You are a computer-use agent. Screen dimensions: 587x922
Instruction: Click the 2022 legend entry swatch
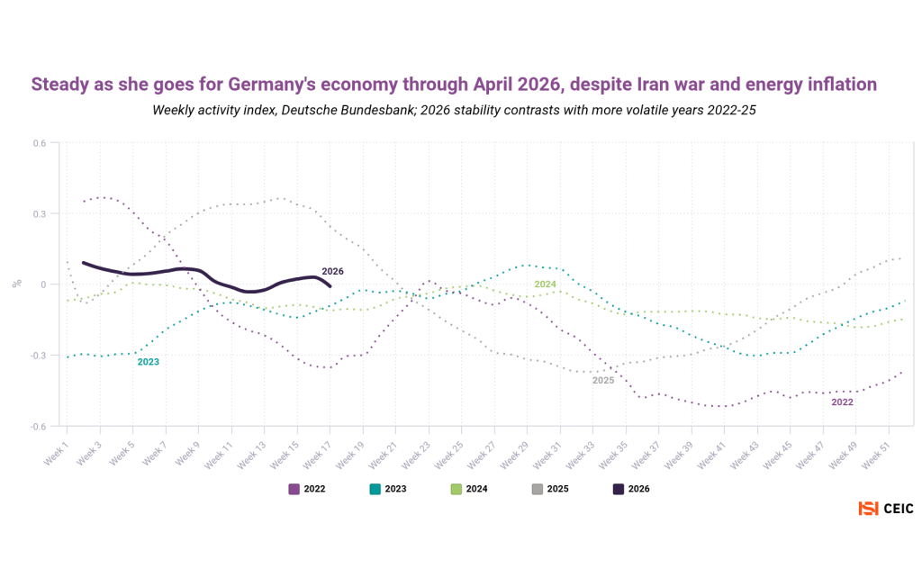[x=294, y=489]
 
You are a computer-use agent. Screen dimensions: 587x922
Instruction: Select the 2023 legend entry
[x=388, y=489]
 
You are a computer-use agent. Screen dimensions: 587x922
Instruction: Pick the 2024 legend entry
[x=469, y=489]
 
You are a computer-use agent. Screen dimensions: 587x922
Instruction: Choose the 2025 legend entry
[x=550, y=489]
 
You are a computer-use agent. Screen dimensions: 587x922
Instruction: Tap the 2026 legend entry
[x=631, y=489]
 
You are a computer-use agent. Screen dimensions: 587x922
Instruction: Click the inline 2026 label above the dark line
[x=332, y=271]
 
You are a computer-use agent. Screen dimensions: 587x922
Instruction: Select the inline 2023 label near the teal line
[x=149, y=362]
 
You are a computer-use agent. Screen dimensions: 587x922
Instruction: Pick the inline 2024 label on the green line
[x=545, y=284]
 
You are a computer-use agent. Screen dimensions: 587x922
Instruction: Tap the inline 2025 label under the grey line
[x=603, y=381]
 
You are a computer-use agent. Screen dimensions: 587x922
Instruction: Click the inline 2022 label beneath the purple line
[x=842, y=402]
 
